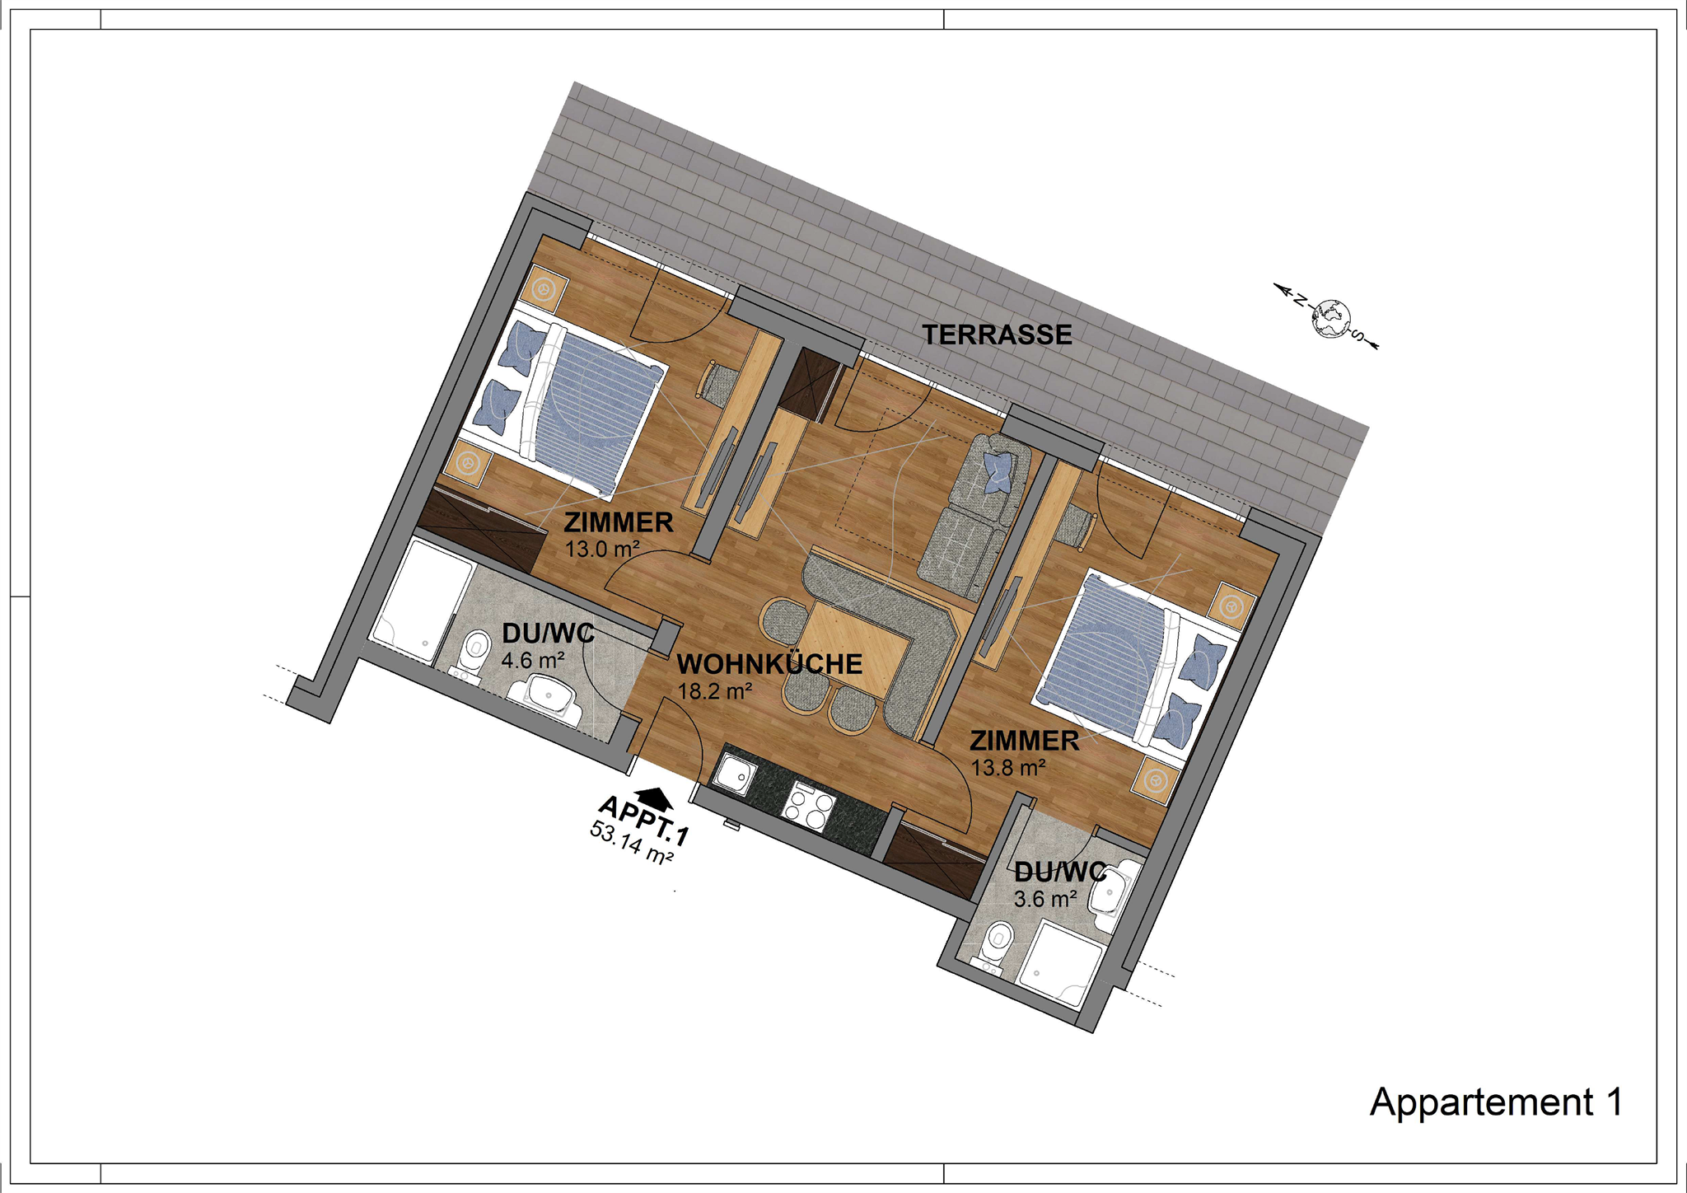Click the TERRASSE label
coord(997,335)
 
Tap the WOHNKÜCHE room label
coord(769,664)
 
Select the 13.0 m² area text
coord(602,549)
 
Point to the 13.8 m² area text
coord(1008,768)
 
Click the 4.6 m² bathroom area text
coord(533,661)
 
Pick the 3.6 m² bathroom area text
coord(1045,899)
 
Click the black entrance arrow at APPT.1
coord(655,798)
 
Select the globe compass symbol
coord(1330,318)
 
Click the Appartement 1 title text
coord(1496,1102)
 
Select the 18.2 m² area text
coord(714,690)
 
